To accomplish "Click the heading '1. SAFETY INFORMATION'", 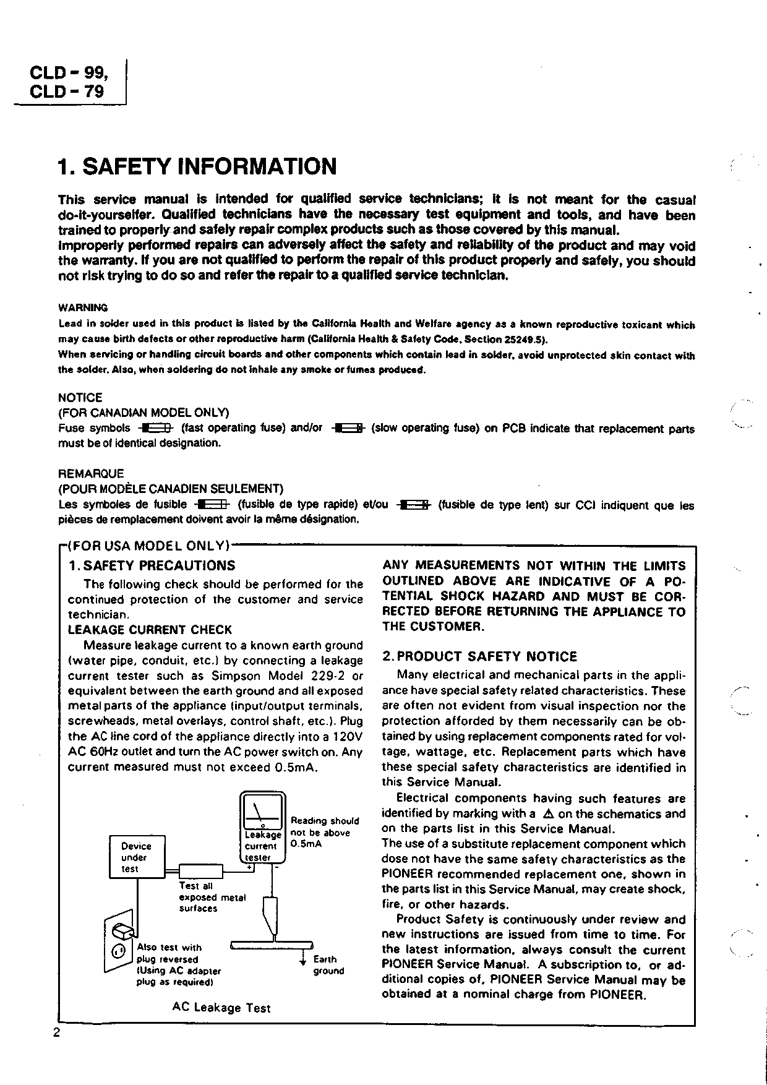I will pyautogui.click(x=197, y=167).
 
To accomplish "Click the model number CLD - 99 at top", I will pyautogui.click(x=69, y=73).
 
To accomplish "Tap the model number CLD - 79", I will pyautogui.click(x=67, y=92).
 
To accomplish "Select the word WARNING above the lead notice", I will pyautogui.click(x=83, y=307).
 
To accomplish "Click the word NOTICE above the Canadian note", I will pyautogui.click(x=80, y=398).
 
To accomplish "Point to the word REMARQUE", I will pyautogui.click(x=91, y=474).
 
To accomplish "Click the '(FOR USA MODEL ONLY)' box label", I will pyautogui.click(x=148, y=546).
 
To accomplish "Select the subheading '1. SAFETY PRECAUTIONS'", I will pyautogui.click(x=152, y=565).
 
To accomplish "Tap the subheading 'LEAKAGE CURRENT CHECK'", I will pyautogui.click(x=150, y=630).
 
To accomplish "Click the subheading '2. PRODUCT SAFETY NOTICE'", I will pyautogui.click(x=479, y=656).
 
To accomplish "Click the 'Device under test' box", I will pyautogui.click(x=137, y=857).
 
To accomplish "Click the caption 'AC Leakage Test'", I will pyautogui.click(x=221, y=1008).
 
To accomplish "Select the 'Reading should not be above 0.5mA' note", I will pyautogui.click(x=324, y=832).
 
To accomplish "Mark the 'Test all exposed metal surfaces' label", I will pyautogui.click(x=212, y=897).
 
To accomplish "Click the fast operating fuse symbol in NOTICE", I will pyautogui.click(x=158, y=428).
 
